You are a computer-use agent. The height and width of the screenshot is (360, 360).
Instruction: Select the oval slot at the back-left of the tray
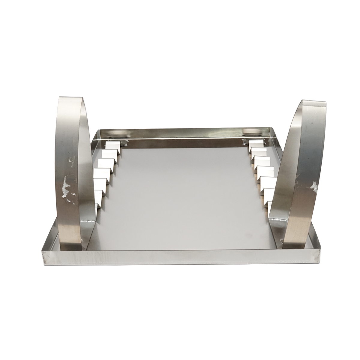coord(114,133)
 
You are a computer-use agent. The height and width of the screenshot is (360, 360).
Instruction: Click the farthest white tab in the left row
coord(112,145)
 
